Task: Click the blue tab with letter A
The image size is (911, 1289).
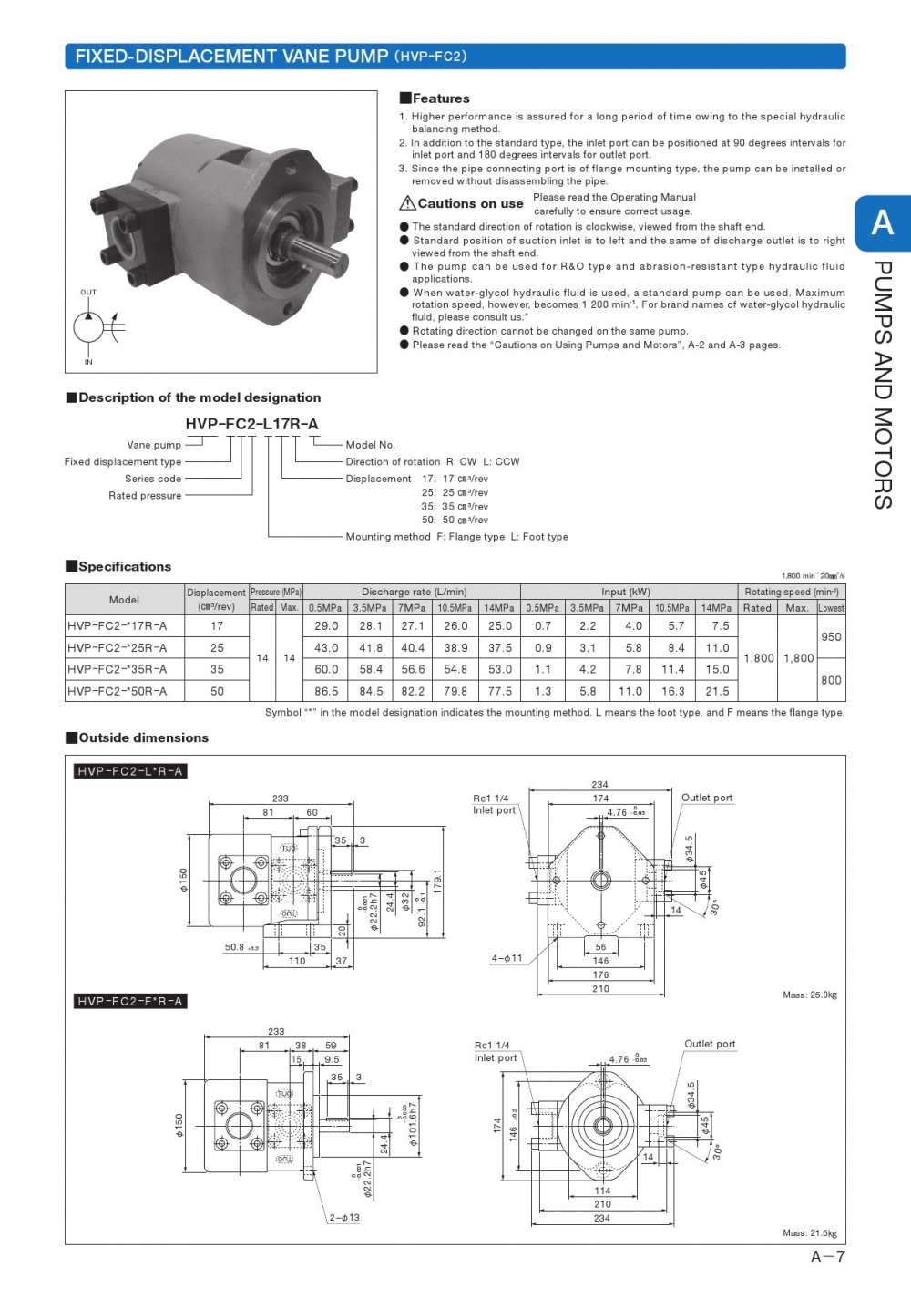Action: pyautogui.click(x=882, y=223)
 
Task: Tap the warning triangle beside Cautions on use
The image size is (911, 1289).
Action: pyautogui.click(x=407, y=203)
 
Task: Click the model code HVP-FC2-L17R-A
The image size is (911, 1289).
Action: pyautogui.click(x=252, y=424)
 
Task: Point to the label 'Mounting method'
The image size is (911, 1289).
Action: pyautogui.click(x=388, y=537)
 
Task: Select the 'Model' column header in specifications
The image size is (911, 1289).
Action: pyautogui.click(x=124, y=600)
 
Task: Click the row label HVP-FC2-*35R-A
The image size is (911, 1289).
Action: pyautogui.click(x=118, y=669)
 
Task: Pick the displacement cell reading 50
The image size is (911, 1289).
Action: pyautogui.click(x=217, y=691)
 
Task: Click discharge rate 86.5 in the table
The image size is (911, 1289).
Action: pyautogui.click(x=326, y=691)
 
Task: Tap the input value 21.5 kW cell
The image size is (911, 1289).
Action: pyautogui.click(x=717, y=691)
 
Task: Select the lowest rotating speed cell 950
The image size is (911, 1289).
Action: pyautogui.click(x=831, y=637)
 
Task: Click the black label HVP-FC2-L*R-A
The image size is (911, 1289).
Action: pyautogui.click(x=130, y=771)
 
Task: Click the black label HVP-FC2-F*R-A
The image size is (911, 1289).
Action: pyautogui.click(x=130, y=1001)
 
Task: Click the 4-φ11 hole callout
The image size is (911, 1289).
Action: pyautogui.click(x=507, y=958)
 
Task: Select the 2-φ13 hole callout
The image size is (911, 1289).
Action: pyautogui.click(x=344, y=1218)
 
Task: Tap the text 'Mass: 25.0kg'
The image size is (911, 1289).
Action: pyautogui.click(x=809, y=995)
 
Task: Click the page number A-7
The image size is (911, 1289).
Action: pyautogui.click(x=827, y=1257)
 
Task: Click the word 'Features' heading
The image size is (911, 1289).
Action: pyautogui.click(x=441, y=98)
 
